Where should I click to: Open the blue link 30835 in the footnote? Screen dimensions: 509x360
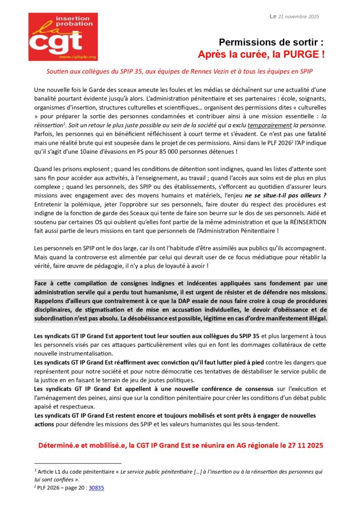96,488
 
